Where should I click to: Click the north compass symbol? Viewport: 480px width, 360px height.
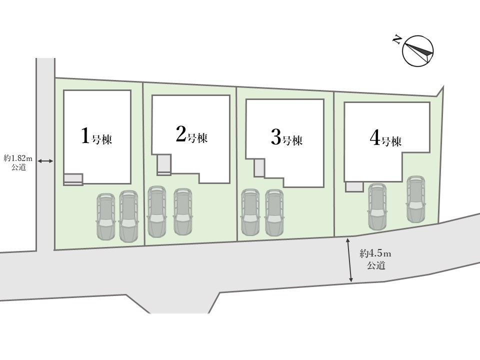(x=418, y=51)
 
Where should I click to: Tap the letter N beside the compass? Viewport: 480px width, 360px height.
(x=397, y=40)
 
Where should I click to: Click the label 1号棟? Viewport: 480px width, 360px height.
(x=96, y=136)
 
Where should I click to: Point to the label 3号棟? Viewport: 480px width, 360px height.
(x=286, y=137)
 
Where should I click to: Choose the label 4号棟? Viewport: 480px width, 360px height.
(x=385, y=138)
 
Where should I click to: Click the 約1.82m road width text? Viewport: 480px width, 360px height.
(x=18, y=158)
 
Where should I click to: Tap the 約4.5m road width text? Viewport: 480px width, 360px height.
(x=375, y=254)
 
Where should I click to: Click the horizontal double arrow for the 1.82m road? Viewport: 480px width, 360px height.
(x=45, y=160)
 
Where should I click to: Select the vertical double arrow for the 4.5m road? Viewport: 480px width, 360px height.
(x=349, y=260)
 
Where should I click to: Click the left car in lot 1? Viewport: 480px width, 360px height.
(x=105, y=216)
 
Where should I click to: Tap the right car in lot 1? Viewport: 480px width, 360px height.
(x=128, y=216)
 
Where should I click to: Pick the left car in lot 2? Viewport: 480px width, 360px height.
(x=156, y=211)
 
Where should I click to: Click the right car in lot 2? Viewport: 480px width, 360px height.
(x=183, y=211)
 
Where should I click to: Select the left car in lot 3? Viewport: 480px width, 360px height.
(x=250, y=212)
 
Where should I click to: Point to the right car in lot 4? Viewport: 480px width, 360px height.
(x=415, y=199)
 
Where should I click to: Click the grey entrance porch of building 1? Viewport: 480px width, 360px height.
(x=73, y=179)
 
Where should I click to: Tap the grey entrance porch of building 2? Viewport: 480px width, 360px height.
(x=164, y=164)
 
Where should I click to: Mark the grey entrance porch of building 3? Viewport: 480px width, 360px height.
(x=259, y=168)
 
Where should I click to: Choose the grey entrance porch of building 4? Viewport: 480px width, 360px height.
(x=354, y=186)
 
